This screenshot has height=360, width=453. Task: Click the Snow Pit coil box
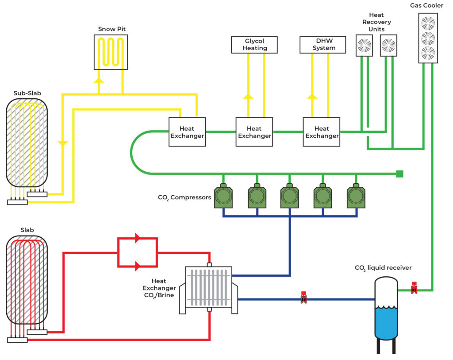[x=111, y=52]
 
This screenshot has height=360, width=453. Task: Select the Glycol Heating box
[x=255, y=45]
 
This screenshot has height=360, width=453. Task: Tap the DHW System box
[x=323, y=45]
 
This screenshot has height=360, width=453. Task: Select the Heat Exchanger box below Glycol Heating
[x=254, y=132]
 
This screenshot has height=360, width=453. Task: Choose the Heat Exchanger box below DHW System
[x=322, y=132]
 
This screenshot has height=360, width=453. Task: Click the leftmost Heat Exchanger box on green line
[x=187, y=132]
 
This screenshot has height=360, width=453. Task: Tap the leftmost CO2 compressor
[x=223, y=196]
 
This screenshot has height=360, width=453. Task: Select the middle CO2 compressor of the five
[x=290, y=196]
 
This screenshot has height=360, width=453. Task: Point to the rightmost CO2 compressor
[x=356, y=196]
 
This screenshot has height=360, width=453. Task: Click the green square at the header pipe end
[x=399, y=174]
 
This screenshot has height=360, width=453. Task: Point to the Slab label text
[x=27, y=230]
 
